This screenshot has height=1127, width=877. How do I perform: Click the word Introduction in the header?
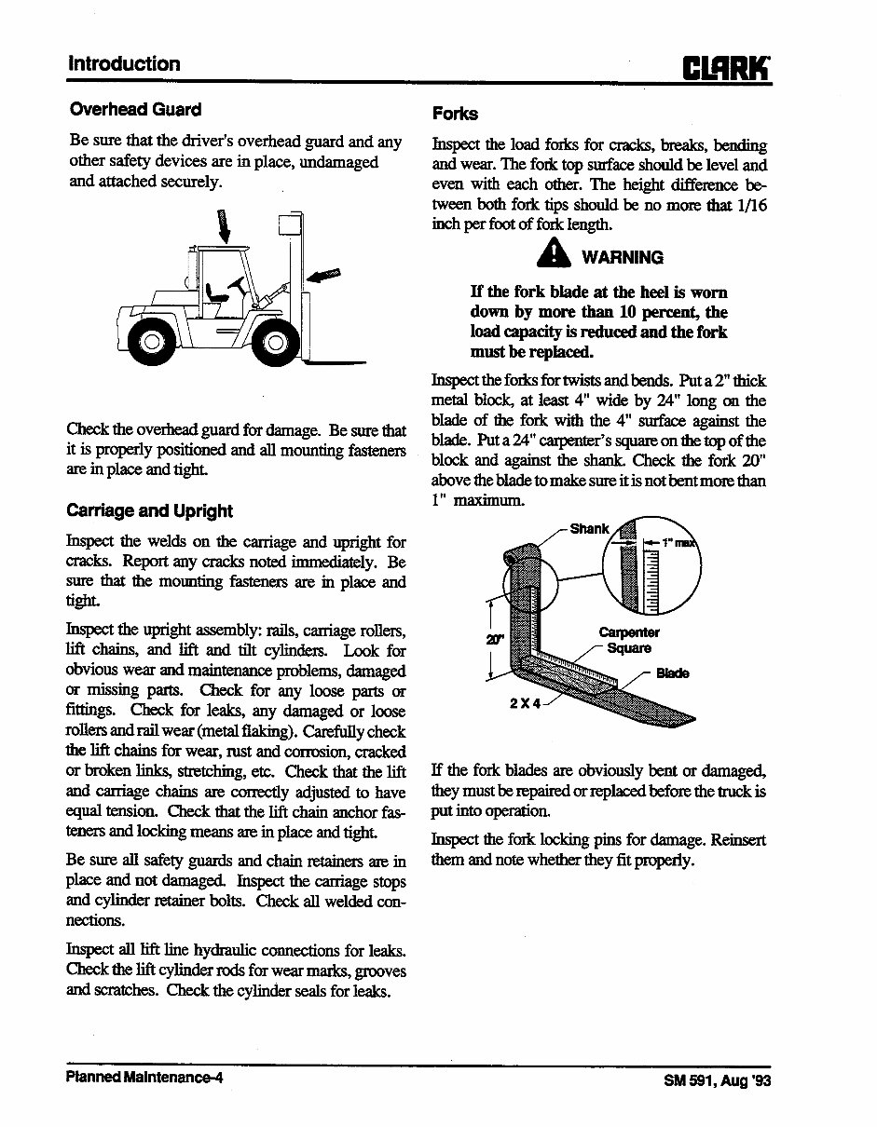point(124,64)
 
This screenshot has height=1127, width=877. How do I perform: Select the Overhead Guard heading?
point(135,110)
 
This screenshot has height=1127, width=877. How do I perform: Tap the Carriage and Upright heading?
point(149,510)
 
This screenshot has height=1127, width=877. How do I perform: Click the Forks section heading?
point(455,114)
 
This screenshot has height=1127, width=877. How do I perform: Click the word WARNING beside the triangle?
point(623,257)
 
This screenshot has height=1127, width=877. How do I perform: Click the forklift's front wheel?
point(277,345)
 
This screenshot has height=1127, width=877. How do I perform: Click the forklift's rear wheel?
point(149,342)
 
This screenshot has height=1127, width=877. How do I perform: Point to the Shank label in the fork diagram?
point(589,528)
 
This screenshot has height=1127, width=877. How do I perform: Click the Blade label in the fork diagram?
point(673,673)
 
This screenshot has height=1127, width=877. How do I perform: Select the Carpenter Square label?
point(629,641)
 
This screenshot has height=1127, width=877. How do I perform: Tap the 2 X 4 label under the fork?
point(525,702)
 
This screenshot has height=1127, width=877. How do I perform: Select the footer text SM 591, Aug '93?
point(718,1081)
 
